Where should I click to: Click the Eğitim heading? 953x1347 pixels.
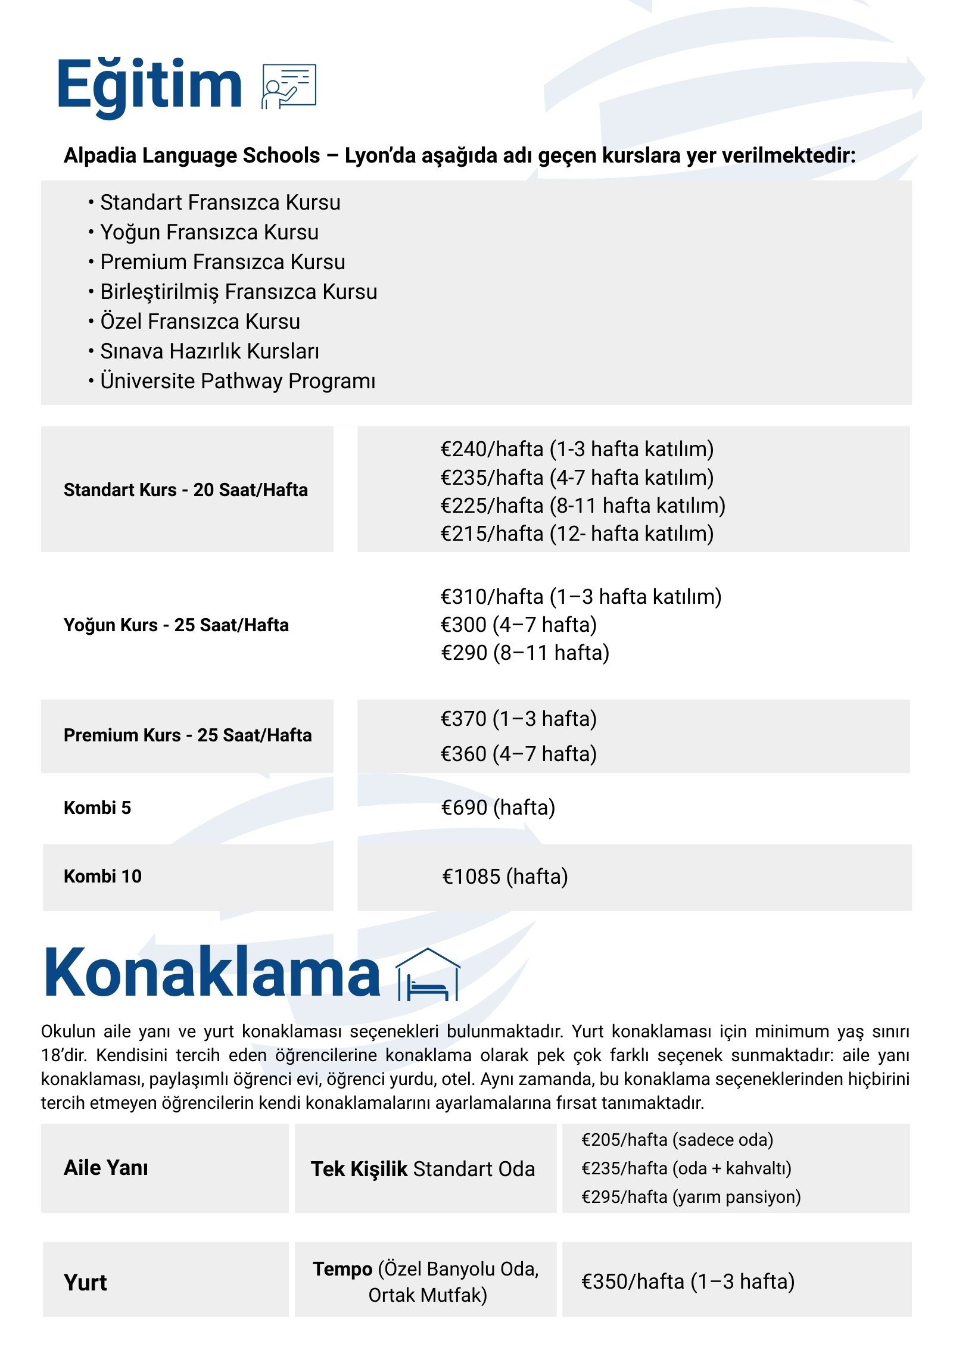click(149, 85)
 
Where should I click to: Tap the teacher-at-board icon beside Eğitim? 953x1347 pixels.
click(289, 86)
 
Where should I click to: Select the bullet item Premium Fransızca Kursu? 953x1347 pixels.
click(222, 262)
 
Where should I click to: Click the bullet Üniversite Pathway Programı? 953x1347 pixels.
click(237, 381)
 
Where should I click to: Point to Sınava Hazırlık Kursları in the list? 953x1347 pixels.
click(209, 351)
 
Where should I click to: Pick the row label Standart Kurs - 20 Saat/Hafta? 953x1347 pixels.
click(186, 489)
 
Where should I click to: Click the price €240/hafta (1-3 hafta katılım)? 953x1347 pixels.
click(577, 449)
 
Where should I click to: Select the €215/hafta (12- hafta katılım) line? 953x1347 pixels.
click(577, 534)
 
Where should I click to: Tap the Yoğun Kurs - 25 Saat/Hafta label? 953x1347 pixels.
click(176, 625)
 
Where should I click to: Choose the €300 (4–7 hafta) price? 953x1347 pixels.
click(518, 625)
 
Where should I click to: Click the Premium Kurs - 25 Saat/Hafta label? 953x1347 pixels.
click(188, 735)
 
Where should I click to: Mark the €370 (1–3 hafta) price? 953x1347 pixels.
click(518, 719)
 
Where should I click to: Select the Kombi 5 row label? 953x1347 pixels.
click(97, 807)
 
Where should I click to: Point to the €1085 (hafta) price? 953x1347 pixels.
click(504, 877)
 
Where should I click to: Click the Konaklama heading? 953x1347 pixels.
click(212, 972)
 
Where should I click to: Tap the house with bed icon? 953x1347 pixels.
click(428, 975)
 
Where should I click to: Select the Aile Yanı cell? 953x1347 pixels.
click(106, 1168)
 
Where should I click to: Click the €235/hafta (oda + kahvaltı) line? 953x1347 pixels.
click(686, 1168)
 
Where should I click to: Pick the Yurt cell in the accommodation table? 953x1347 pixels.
click(85, 1282)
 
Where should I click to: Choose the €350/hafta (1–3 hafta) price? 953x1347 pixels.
click(688, 1281)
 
